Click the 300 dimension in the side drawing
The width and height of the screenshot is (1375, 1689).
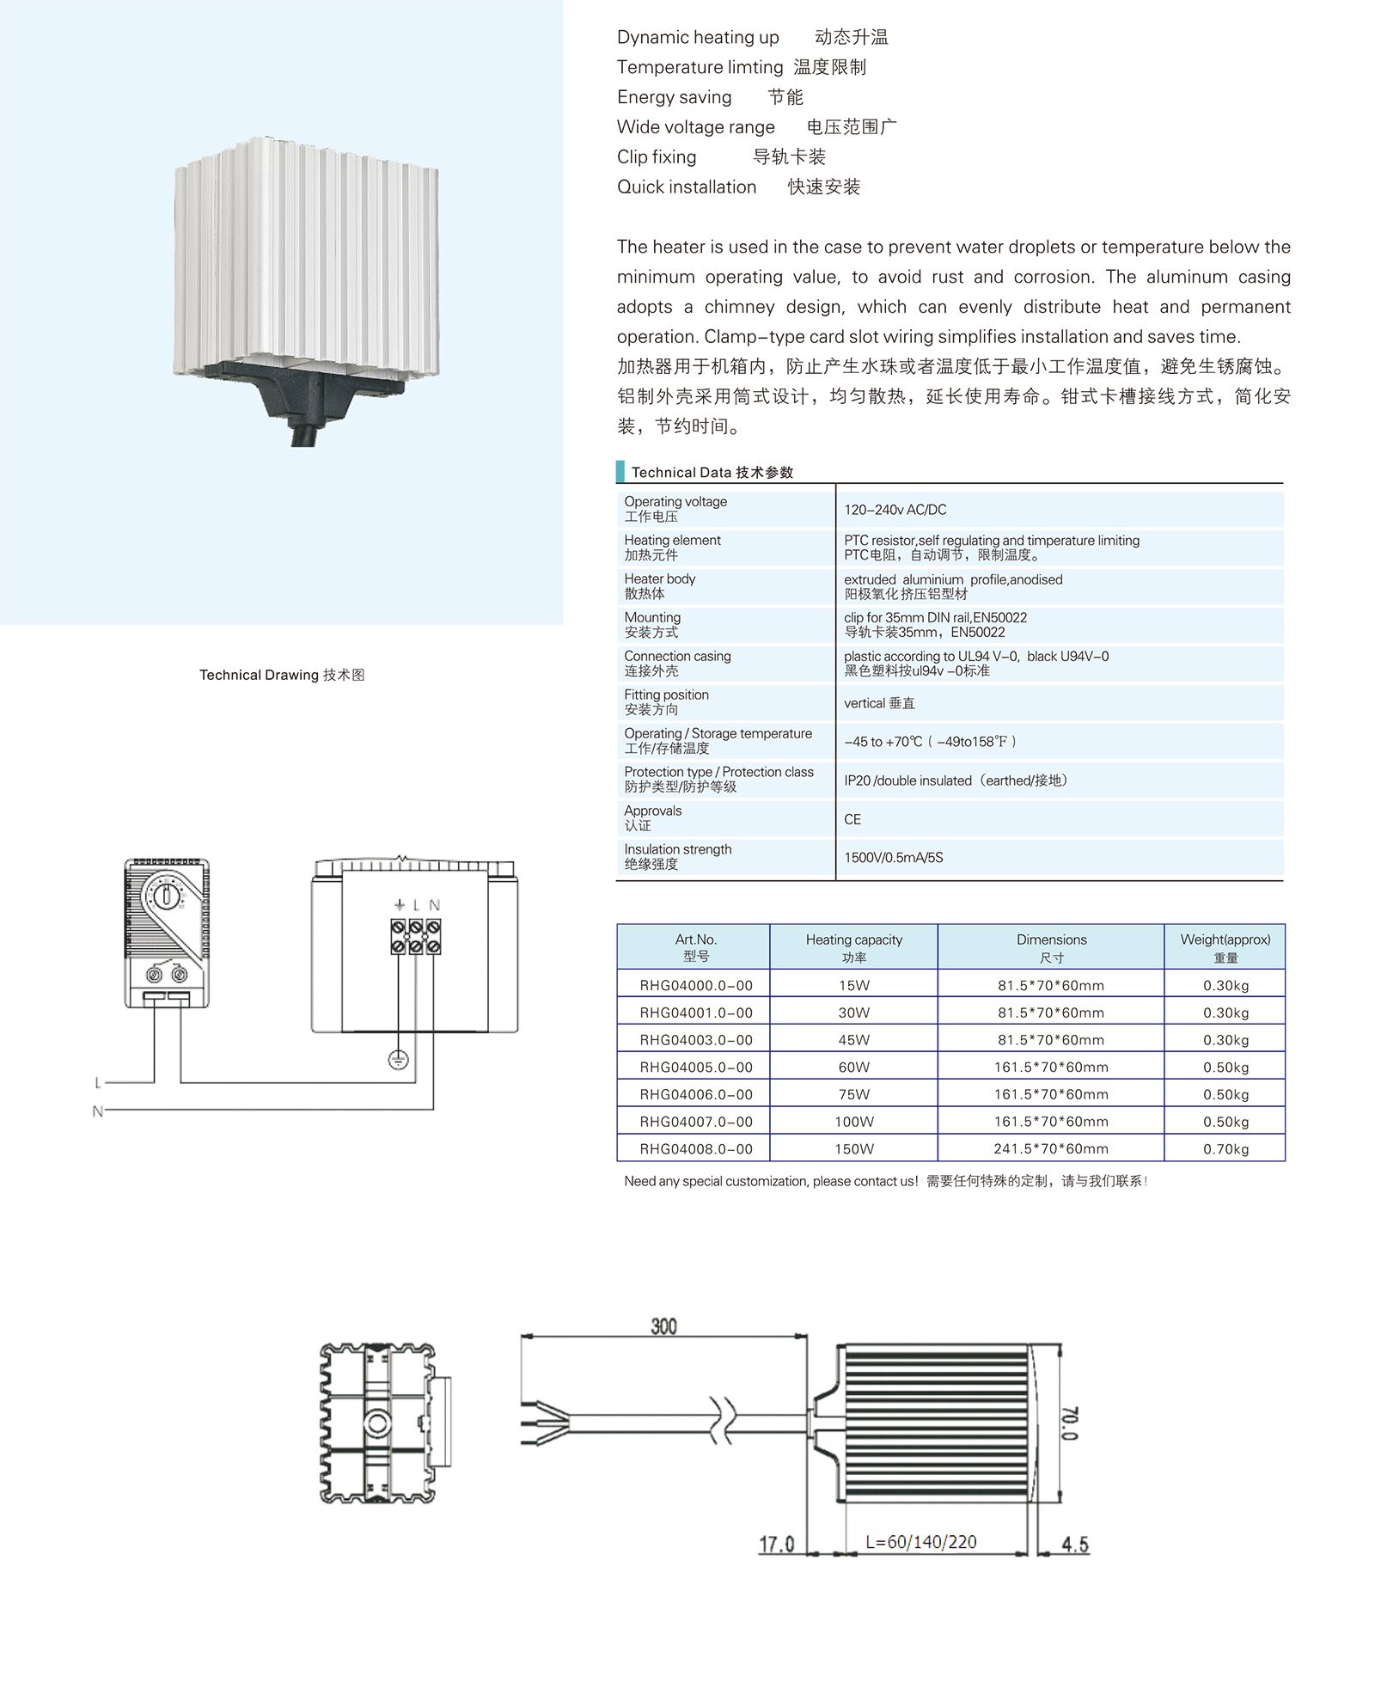(x=663, y=1326)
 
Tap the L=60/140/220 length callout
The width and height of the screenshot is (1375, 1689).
(x=920, y=1542)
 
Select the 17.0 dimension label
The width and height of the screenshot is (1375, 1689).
(x=776, y=1545)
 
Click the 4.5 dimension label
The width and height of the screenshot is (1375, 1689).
(x=1075, y=1545)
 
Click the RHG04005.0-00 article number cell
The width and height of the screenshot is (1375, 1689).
(x=696, y=1068)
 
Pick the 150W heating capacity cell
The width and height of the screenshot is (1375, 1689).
(x=854, y=1149)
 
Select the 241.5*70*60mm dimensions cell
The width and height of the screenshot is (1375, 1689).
(x=1051, y=1149)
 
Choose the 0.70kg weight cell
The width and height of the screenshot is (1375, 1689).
(x=1225, y=1149)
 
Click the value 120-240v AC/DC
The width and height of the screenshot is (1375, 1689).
(x=895, y=510)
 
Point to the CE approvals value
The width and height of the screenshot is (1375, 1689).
(x=852, y=819)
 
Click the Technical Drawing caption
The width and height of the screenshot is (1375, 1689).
(x=282, y=675)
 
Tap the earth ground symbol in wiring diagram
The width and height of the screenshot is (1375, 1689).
(x=398, y=1060)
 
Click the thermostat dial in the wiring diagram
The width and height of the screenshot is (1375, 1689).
(x=166, y=896)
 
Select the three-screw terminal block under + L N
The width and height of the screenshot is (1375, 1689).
(x=416, y=936)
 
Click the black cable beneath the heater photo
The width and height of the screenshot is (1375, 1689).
(x=302, y=435)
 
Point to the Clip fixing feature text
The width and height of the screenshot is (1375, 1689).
(x=657, y=157)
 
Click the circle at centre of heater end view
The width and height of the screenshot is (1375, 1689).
(x=377, y=1424)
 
